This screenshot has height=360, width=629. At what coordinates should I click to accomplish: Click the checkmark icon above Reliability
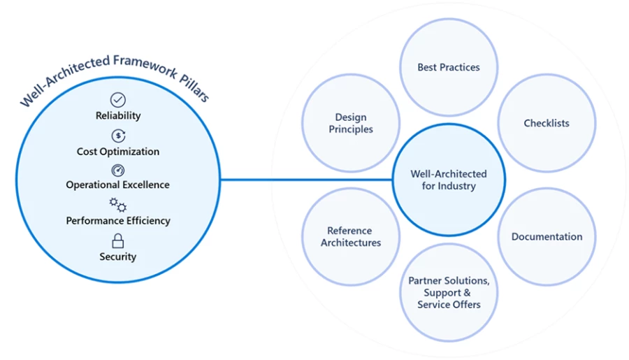point(118,100)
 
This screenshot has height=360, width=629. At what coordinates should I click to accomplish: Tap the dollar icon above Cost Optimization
point(118,136)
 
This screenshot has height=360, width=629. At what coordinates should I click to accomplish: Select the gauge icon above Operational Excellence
point(118,170)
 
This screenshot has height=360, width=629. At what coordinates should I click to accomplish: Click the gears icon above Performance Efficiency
point(118,205)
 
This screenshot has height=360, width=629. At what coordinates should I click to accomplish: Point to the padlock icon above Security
point(118,241)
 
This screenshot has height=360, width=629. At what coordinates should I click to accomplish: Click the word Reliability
point(118,116)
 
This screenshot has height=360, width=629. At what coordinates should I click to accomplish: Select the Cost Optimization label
point(118,152)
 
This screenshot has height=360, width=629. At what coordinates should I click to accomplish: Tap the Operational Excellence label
point(118,185)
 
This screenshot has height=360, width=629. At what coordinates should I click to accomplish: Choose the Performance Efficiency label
point(118,221)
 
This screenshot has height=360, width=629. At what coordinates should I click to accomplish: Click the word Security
point(118,257)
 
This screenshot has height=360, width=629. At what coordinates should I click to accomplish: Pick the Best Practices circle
point(449,68)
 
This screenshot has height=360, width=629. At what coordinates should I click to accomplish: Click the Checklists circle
point(547,124)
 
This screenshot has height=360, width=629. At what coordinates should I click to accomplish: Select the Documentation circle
point(547,237)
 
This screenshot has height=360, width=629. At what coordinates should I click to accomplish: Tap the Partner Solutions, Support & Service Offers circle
point(449,292)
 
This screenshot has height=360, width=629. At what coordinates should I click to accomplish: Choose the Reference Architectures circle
point(351,237)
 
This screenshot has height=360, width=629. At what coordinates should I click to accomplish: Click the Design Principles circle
point(351,124)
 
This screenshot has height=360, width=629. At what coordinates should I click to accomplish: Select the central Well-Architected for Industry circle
point(449,180)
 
